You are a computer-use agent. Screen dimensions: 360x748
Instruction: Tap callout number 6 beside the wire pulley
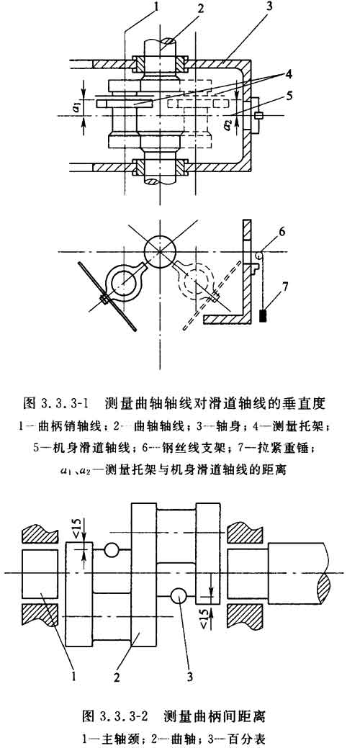tap(282, 232)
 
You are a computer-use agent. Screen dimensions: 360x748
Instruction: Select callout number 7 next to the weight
tap(284, 287)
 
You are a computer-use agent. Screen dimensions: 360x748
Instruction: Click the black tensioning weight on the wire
tap(263, 315)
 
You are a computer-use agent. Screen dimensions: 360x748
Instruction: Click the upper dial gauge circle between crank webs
tap(111, 549)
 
